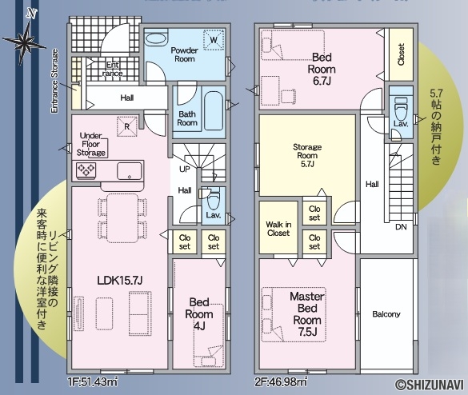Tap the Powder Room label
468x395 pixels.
coord(185,54)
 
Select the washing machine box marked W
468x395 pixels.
coord(214,39)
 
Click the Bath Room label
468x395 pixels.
coord(187,118)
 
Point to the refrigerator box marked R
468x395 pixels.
coord(127,126)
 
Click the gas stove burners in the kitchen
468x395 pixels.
coord(86,170)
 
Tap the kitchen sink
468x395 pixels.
coord(130,171)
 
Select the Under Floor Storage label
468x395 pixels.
coord(90,144)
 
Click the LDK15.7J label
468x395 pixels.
coord(120,280)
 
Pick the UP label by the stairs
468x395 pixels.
coord(185,170)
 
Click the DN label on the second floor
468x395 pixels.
coord(401,227)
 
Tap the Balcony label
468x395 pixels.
coord(386,314)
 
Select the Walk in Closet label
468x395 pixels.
coord(278,229)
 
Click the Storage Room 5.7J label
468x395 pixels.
coord(307,155)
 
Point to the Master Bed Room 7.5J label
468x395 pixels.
coord(307,314)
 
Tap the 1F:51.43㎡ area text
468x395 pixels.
coord(93,382)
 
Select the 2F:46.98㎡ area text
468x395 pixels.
coord(280,382)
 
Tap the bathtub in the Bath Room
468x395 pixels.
coord(214,110)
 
